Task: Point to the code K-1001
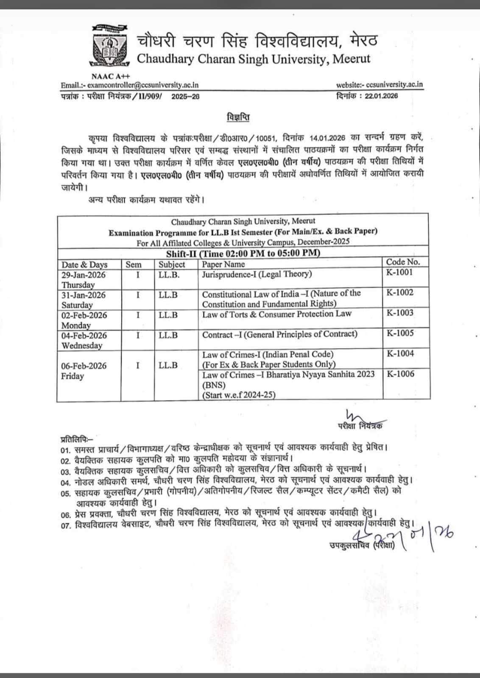pos(399,272)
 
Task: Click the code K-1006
pos(401,374)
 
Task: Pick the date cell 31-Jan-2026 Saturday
pos(84,300)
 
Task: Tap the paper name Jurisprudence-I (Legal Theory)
pos(257,274)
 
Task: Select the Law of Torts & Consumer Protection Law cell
pos(276,314)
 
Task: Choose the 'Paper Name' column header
pos(223,264)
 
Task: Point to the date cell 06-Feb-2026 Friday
pos(84,370)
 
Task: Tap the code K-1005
pos(400,333)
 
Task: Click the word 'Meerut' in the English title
pos(352,58)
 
